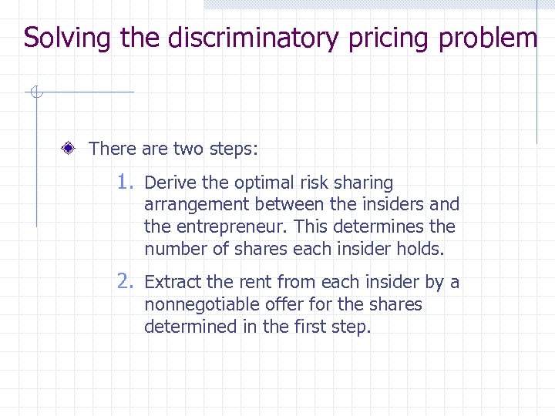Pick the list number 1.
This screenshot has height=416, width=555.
coord(126,183)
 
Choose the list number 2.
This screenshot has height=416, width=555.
coord(126,282)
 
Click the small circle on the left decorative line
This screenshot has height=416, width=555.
coord(35,93)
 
